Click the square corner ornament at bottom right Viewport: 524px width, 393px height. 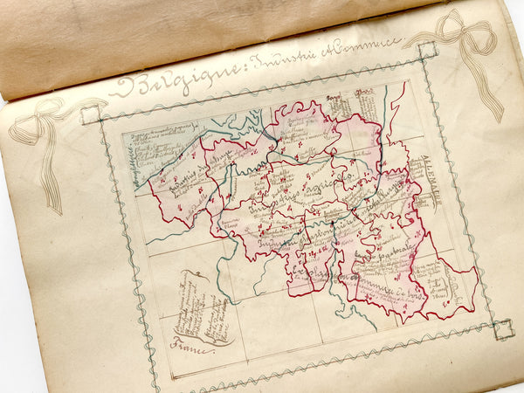[x=502, y=328]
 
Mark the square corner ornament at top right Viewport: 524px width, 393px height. [x=427, y=51]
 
